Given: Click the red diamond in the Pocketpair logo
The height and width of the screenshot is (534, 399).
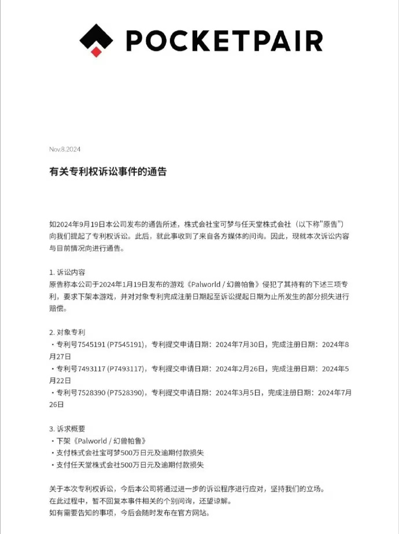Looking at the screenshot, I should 97,52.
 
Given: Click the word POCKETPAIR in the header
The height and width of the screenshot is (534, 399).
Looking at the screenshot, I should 224,40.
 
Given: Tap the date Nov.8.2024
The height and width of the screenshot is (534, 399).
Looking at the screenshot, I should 65,149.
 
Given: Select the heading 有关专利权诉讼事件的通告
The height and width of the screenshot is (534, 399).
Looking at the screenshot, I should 108,172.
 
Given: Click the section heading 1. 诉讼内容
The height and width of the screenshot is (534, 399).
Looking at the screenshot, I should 68,271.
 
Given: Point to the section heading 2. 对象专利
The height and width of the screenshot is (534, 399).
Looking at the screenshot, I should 68,332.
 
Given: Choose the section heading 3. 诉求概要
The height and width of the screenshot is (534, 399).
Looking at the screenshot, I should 68,429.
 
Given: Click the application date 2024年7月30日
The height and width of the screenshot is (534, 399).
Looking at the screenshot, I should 239,345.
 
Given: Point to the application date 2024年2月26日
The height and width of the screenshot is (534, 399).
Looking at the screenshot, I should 239,369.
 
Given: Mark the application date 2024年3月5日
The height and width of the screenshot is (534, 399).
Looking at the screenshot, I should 237,393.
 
